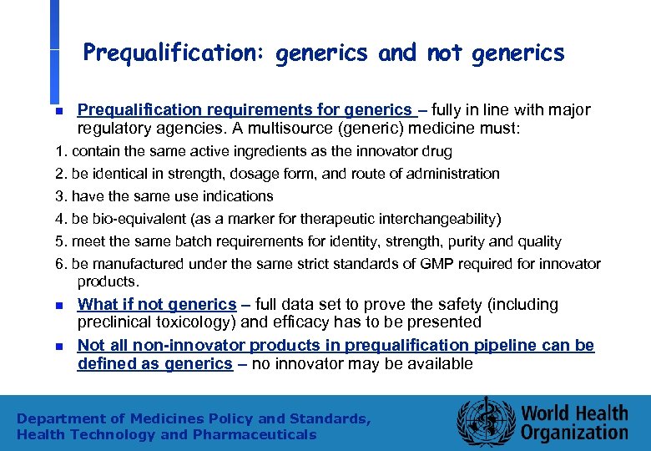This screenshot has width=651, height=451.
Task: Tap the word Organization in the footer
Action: (x=574, y=433)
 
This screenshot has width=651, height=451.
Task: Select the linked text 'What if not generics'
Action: (x=157, y=305)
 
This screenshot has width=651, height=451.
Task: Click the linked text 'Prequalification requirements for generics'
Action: (x=245, y=109)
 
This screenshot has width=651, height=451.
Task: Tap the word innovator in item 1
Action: (x=391, y=152)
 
